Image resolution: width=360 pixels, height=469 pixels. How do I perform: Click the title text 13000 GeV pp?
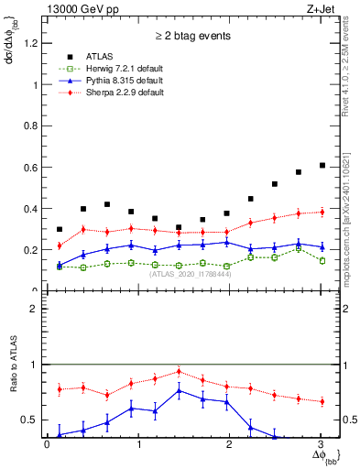coord(79,7)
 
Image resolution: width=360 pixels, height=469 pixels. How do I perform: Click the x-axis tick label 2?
coord(229,445)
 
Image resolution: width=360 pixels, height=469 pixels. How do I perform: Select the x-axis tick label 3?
coord(321,445)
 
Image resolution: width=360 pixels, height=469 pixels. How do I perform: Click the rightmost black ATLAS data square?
coord(322,165)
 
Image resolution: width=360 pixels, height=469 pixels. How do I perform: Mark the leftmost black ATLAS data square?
coord(60,229)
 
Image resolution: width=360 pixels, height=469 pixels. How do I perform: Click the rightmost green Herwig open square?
coord(322,260)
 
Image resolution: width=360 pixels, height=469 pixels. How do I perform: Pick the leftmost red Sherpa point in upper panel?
coord(60,245)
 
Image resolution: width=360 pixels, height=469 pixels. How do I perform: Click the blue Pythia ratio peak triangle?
coord(179,390)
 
